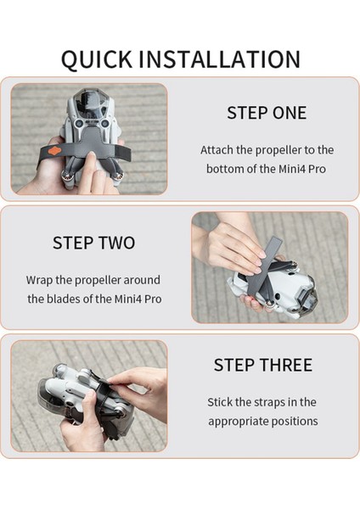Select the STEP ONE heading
[x=267, y=113]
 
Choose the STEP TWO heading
[x=93, y=243]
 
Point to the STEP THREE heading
[x=262, y=365]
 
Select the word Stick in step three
[x=222, y=402]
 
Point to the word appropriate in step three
[x=240, y=421]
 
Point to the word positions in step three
[x=297, y=421]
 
